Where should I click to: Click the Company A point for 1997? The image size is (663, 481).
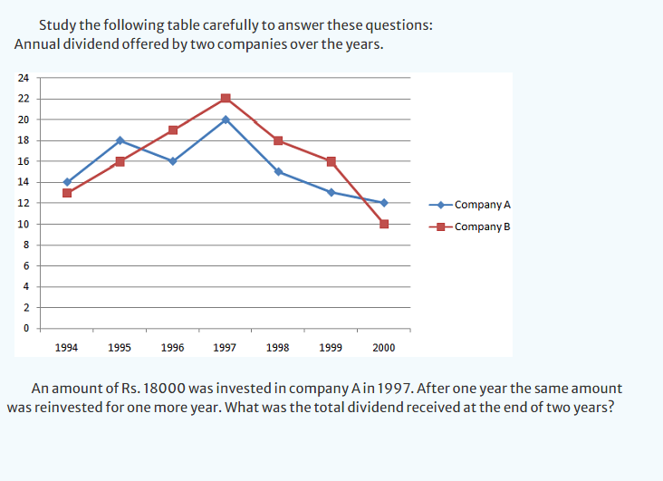click(x=226, y=120)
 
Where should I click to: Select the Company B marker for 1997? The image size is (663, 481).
click(x=226, y=99)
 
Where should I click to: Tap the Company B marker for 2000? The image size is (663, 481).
click(x=384, y=224)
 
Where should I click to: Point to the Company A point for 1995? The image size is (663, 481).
click(x=120, y=140)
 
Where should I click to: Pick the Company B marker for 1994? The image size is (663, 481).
click(x=67, y=193)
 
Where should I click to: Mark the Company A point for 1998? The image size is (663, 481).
click(x=278, y=171)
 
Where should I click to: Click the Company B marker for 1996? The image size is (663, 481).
click(x=173, y=130)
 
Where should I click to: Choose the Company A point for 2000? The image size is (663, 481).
click(x=384, y=203)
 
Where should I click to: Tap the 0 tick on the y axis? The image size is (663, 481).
click(x=25, y=328)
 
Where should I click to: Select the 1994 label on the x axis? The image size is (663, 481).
click(x=66, y=347)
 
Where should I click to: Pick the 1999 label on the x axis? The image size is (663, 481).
click(x=331, y=347)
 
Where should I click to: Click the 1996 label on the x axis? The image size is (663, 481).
click(x=172, y=347)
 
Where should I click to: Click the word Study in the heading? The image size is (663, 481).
click(x=58, y=25)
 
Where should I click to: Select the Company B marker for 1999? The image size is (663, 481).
click(x=331, y=161)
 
